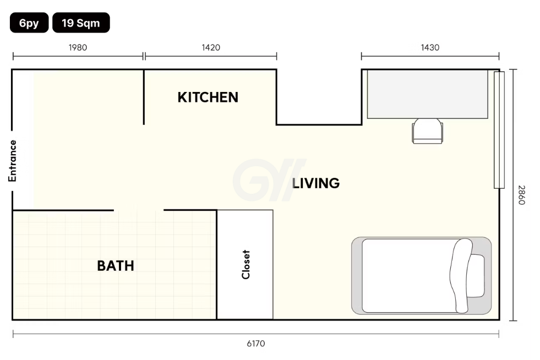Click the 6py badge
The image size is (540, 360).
pyautogui.click(x=29, y=23)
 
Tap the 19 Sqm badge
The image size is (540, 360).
pyautogui.click(x=81, y=23)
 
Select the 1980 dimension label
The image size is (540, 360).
pyautogui.click(x=78, y=47)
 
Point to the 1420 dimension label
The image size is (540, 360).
pyautogui.click(x=211, y=47)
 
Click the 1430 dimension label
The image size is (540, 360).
pyautogui.click(x=430, y=47)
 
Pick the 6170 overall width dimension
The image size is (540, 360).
pyautogui.click(x=256, y=343)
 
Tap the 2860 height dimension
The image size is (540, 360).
pyautogui.click(x=522, y=195)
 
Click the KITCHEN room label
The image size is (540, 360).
pyautogui.click(x=208, y=97)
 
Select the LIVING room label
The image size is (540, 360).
pyautogui.click(x=316, y=183)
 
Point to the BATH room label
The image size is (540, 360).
pyautogui.click(x=116, y=266)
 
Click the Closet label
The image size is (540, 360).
pyautogui.click(x=246, y=265)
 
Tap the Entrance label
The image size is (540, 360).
pyautogui.click(x=13, y=161)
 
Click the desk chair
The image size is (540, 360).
pyautogui.click(x=427, y=131)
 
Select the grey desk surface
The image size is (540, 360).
pyautogui.click(x=427, y=94)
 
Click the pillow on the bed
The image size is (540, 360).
pyautogui.click(x=476, y=276)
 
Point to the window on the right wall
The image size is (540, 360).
pyautogui.click(x=499, y=130)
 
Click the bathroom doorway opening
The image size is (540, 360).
pyautogui.click(x=139, y=210)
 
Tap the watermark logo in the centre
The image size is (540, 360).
pyautogui.click(x=269, y=180)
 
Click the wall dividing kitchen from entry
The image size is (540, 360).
pyautogui.click(x=144, y=97)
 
